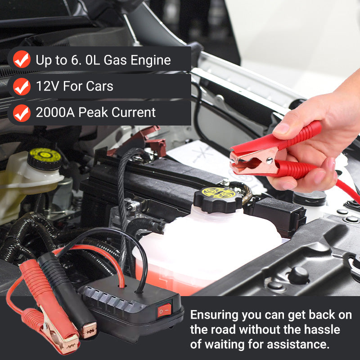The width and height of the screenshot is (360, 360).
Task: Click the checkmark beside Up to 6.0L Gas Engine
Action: click(x=22, y=59)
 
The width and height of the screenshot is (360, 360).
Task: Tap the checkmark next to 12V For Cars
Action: click(x=22, y=86)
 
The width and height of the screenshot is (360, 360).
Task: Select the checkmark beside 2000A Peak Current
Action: click(x=22, y=113)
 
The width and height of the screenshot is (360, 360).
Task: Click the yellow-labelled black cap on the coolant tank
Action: click(x=218, y=199)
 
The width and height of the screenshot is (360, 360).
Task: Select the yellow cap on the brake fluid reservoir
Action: click(x=45, y=158)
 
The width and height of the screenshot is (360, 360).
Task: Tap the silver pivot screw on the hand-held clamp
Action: click(x=269, y=160)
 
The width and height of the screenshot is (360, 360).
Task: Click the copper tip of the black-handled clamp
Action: click(x=89, y=330)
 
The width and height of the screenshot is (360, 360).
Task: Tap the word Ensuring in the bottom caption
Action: click(x=215, y=315)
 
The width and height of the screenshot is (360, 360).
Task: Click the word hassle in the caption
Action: click(x=322, y=330)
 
